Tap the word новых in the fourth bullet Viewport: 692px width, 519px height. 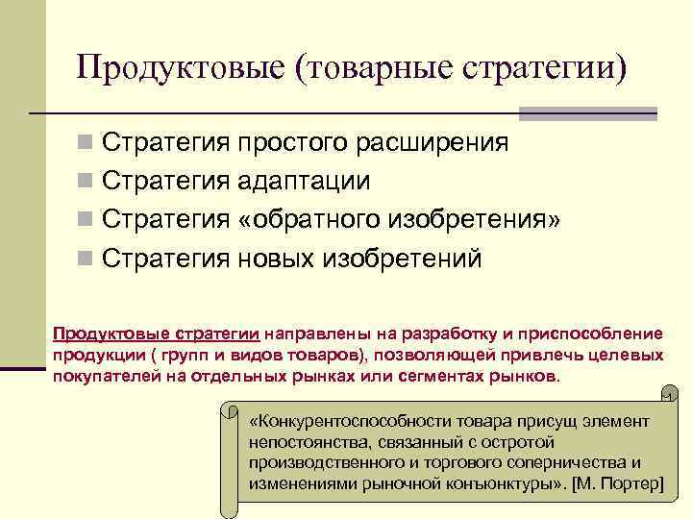click(280, 259)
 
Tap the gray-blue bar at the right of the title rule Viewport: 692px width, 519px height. click(587, 113)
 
